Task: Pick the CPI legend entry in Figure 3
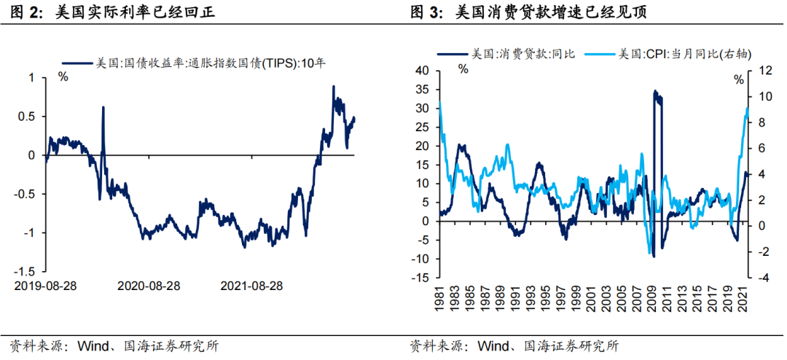[685, 54]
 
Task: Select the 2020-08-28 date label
[149, 285]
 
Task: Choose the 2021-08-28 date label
[251, 285]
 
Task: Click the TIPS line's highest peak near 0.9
[333, 87]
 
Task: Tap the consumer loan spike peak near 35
[655, 92]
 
